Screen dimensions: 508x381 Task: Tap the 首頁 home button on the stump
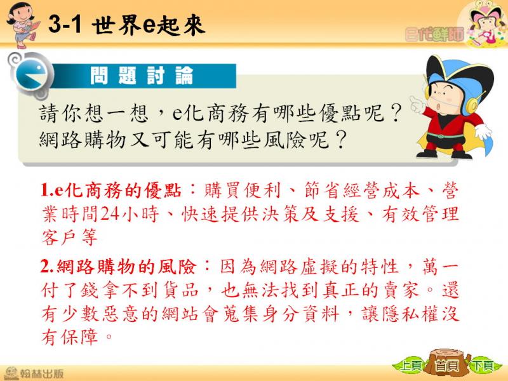pos(448,365)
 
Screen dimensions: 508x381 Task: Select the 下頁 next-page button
pos(483,366)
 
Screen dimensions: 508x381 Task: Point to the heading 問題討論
pos(142,76)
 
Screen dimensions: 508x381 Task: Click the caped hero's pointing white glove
pos(418,104)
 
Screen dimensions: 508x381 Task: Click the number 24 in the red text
pos(109,213)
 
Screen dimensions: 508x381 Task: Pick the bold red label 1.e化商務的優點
pos(110,190)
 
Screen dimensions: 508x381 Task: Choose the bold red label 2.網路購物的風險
pos(119,267)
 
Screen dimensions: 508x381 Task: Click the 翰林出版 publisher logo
pos(34,373)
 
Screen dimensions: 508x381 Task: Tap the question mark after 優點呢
pos(396,113)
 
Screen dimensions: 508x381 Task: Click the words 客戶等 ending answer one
pos(69,237)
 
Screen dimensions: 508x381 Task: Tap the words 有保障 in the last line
pos(69,337)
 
